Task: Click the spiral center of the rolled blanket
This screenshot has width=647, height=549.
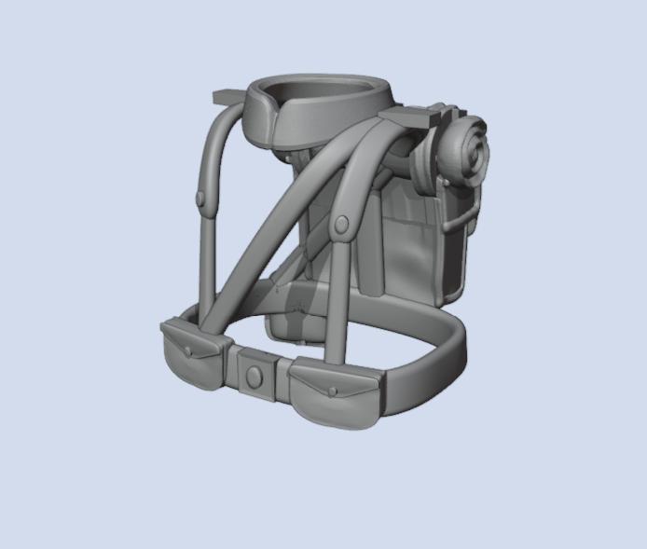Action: (469, 149)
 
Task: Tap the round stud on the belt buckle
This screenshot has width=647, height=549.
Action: (254, 377)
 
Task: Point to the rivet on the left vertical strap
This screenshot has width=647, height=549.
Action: (200, 198)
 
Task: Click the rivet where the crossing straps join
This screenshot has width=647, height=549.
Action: (342, 224)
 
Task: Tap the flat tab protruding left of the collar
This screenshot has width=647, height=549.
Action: (228, 97)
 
